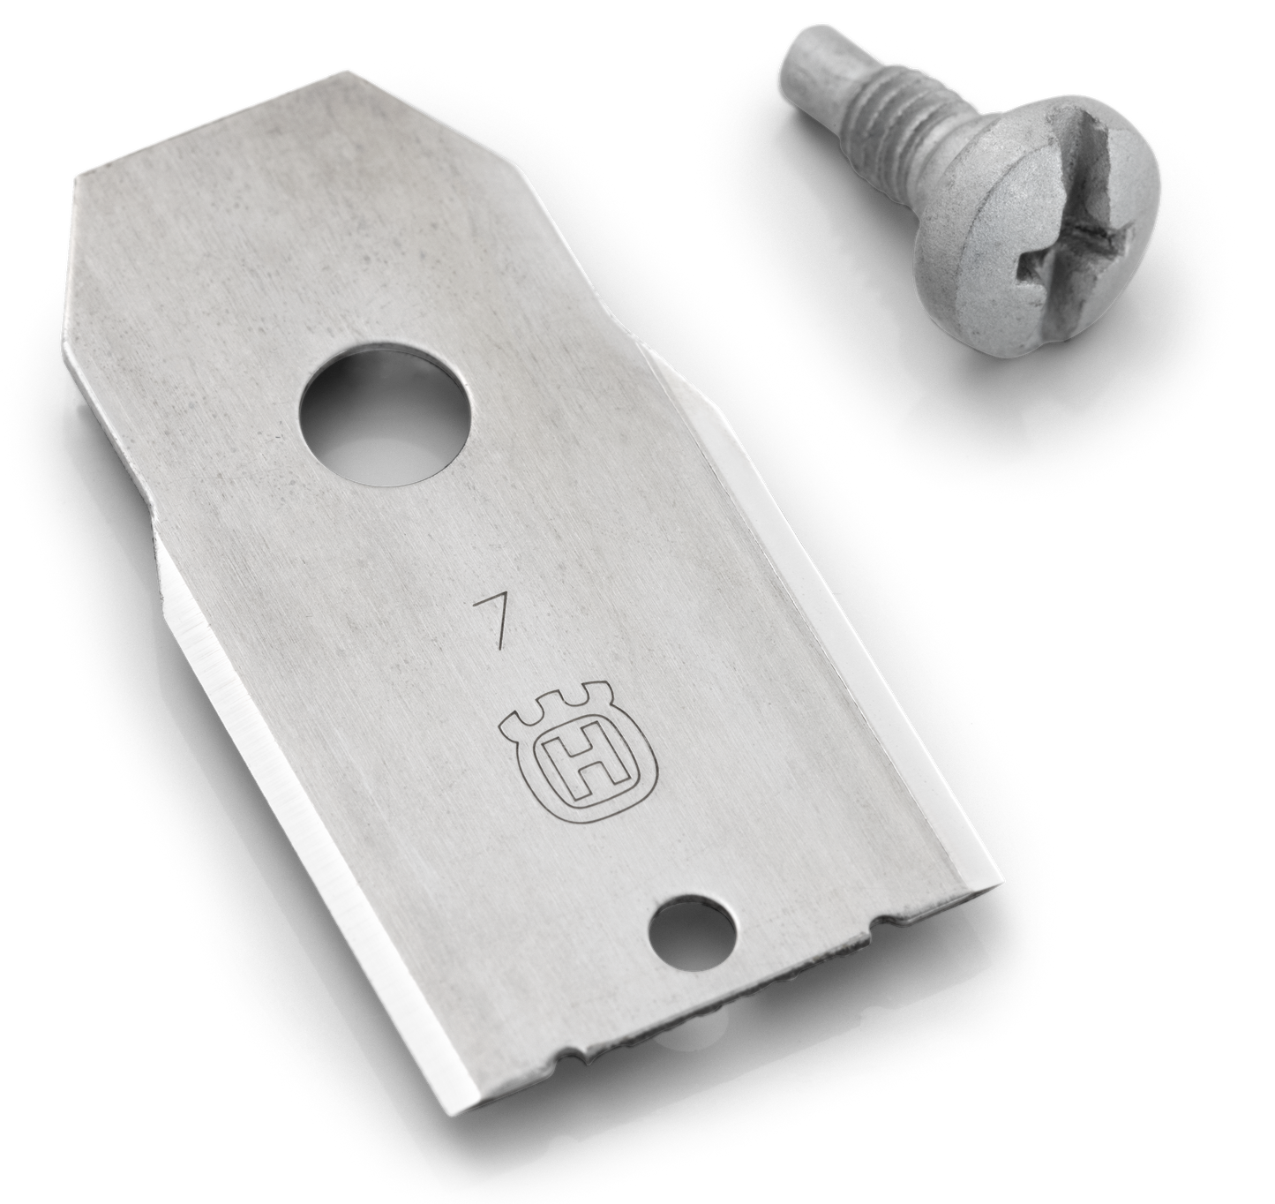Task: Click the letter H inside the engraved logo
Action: point(582,765)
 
